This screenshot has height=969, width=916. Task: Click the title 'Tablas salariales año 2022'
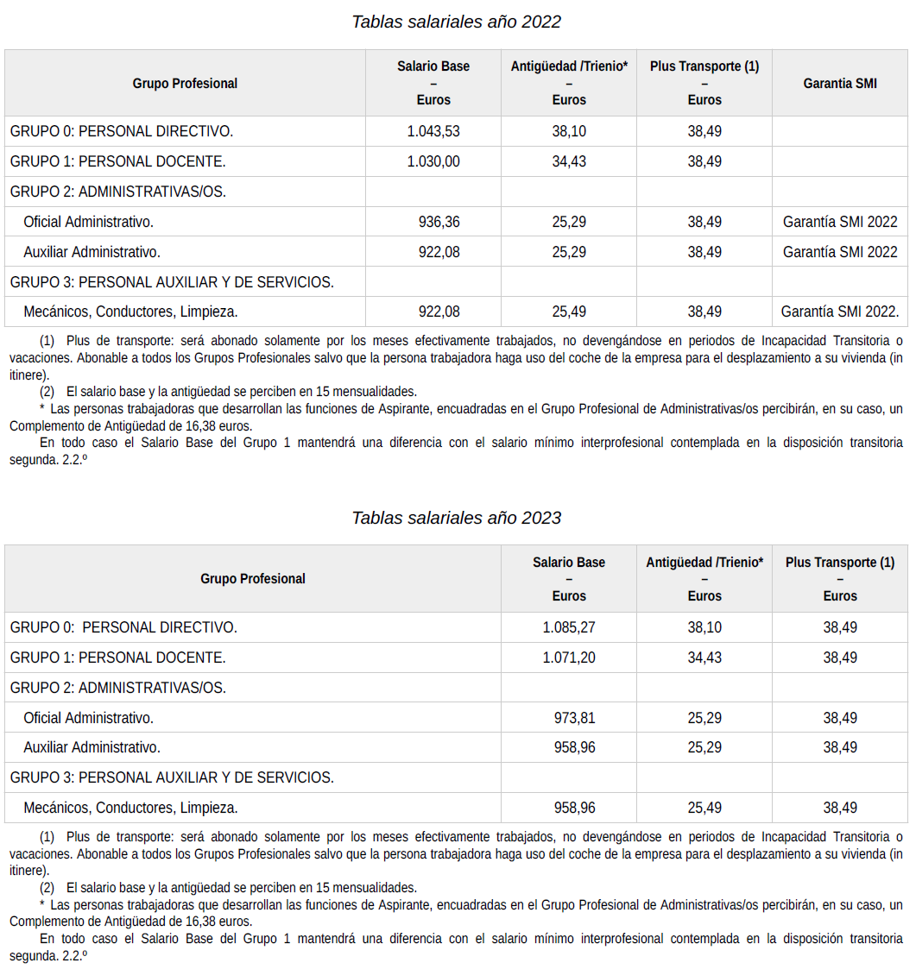456,22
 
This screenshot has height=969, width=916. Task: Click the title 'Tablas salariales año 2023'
456,518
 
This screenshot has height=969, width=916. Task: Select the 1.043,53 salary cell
433,131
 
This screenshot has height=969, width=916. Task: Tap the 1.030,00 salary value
433,161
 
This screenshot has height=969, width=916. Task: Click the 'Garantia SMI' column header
839,84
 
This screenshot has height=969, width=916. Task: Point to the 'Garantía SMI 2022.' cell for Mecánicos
839,311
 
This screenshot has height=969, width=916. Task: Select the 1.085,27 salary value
569,627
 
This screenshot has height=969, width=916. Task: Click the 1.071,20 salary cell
569,658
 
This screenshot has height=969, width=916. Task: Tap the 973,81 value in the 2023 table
574,718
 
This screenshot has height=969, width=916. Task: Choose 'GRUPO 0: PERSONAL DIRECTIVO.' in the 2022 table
122,131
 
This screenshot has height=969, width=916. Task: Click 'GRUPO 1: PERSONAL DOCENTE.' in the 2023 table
118,658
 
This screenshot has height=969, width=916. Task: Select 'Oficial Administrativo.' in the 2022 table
89,222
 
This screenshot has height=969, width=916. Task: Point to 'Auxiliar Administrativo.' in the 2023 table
92,747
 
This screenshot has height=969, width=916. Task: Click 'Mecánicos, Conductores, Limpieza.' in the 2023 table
131,808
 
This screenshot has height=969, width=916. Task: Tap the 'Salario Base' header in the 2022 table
433,66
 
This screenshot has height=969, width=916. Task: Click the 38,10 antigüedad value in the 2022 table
569,131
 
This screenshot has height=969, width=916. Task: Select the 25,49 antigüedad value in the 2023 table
704,808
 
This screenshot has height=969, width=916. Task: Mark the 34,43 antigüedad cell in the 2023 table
704,658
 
